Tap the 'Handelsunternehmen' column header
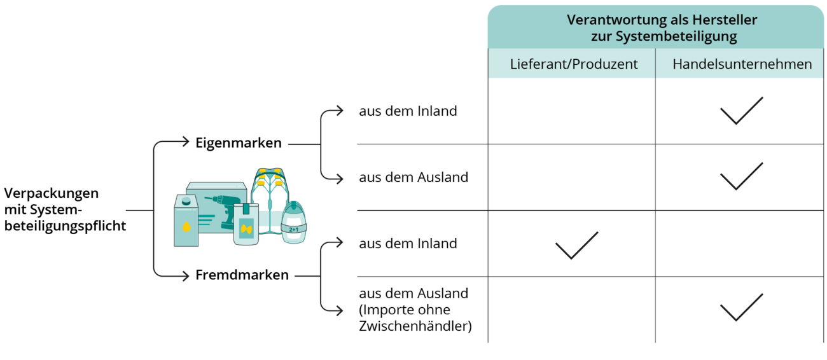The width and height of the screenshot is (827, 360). coord(742,65)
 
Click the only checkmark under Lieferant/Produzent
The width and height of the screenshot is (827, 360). coord(576,245)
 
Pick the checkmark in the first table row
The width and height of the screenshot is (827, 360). coord(741,111)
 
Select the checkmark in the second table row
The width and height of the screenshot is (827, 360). coord(741,176)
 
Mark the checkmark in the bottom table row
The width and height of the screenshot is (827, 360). coord(741,307)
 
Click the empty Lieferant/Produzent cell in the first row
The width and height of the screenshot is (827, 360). coord(571,112)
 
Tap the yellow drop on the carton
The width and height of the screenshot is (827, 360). coord(186,226)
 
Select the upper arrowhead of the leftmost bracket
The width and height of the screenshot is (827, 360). coord(186,141)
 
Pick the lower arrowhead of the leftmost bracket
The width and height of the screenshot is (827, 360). coord(186,277)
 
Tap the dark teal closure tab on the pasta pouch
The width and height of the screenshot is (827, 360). coord(244,209)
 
